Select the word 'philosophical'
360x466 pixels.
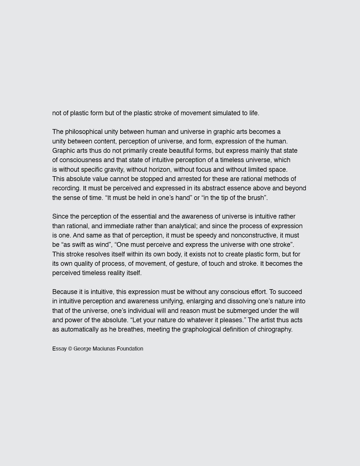click(84, 132)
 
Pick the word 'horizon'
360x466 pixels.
click(160, 169)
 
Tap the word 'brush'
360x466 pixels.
click(256, 198)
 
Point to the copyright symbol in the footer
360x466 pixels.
click(70, 349)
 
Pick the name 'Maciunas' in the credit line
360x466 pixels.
click(104, 349)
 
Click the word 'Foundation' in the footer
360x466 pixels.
click(130, 349)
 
